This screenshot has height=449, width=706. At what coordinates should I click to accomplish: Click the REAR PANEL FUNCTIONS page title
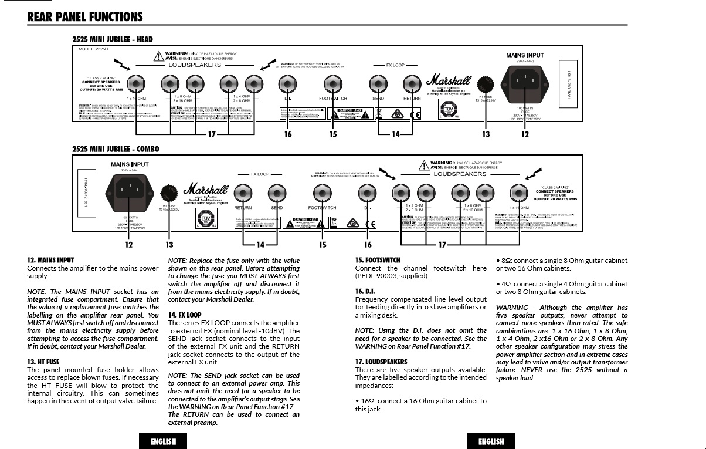pos(85,17)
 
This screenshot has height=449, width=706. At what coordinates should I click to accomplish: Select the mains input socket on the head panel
pos(525,79)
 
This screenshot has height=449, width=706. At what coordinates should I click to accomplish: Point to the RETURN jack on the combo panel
pos(243,192)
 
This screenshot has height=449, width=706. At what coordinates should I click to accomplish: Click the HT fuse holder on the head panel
pos(485,83)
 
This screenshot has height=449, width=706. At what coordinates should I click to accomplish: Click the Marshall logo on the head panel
pos(449,79)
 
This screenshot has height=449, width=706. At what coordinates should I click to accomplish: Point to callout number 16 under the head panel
pos(287,134)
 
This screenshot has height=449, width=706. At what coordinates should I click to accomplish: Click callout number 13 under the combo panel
pos(169,244)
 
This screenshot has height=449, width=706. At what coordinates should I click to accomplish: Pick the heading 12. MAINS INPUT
pos(50,260)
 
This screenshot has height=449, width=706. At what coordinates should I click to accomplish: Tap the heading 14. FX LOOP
pos(184,315)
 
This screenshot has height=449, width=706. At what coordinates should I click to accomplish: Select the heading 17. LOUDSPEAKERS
pos(381,362)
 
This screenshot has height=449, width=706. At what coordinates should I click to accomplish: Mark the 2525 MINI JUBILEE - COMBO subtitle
pos(116,149)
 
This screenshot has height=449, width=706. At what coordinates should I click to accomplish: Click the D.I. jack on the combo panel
pos(368,192)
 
